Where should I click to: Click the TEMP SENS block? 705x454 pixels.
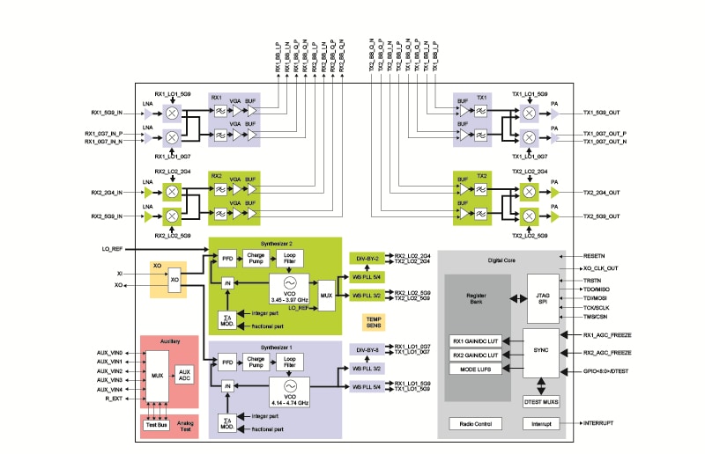point(374,323)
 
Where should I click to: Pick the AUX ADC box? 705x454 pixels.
point(184,374)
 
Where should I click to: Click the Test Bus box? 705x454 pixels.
point(157,425)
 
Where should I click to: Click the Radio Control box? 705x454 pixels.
point(475,423)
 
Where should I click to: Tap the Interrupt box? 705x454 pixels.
point(542,423)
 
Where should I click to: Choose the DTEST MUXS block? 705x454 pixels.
point(542,401)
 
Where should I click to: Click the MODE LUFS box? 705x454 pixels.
point(476,370)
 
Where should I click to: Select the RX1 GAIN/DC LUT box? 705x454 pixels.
point(476,340)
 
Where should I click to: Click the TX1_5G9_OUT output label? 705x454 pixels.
point(602,113)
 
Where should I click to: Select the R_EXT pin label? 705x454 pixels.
point(113,399)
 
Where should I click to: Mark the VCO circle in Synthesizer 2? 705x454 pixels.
point(287,284)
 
